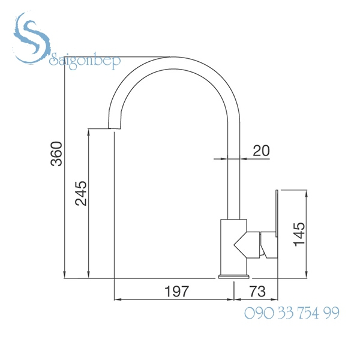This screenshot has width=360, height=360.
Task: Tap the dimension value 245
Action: (80, 193)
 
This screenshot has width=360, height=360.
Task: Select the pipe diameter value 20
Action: (260, 151)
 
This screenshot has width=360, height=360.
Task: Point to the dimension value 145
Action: (299, 234)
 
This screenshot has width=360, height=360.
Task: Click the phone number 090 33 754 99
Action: (292, 313)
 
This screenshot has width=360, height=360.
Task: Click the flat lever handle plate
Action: (277, 225)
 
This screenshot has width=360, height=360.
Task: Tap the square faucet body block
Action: (234, 246)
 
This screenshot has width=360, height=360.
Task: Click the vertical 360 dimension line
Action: (65, 168)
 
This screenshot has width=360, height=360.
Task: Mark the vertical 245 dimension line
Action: (89, 204)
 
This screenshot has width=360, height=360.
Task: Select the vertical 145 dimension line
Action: (310, 234)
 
